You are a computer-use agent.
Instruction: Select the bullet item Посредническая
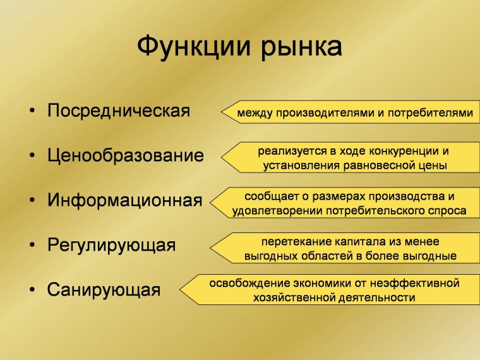tap(119, 111)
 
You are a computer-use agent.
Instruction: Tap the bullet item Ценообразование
tap(126, 156)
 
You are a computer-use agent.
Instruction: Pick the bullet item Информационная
tap(125, 201)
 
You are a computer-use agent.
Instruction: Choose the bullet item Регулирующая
tap(111, 245)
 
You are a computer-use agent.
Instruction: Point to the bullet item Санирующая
tap(104, 290)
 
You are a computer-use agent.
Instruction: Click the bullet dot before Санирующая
tap(32, 291)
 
